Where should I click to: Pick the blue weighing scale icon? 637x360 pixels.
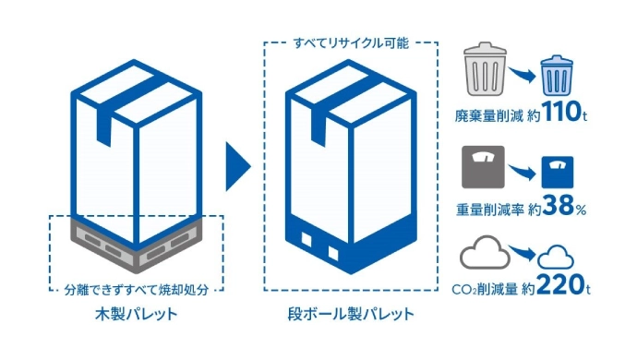point(556,174)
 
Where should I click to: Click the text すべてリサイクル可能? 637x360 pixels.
point(350,42)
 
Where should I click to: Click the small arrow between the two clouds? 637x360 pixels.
point(521,253)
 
